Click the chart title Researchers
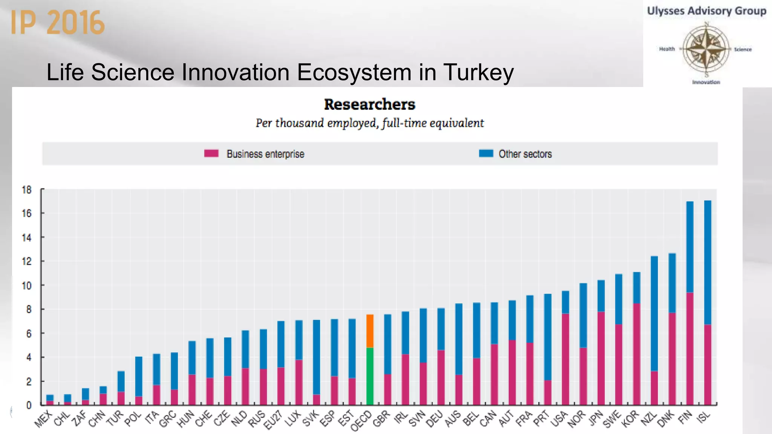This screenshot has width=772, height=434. (369, 104)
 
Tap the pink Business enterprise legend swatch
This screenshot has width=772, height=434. (211, 153)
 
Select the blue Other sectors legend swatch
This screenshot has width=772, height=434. (486, 153)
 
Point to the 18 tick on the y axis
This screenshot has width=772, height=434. (27, 189)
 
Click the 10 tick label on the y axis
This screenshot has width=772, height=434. (27, 286)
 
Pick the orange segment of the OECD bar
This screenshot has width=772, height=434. (370, 331)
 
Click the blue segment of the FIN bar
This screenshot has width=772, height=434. (690, 247)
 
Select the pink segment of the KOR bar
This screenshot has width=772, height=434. (636, 354)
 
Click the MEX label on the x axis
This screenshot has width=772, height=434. (43, 419)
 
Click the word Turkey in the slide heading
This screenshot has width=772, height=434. (478, 72)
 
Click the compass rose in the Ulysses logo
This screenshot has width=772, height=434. (706, 49)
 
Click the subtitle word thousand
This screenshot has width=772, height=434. (299, 123)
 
